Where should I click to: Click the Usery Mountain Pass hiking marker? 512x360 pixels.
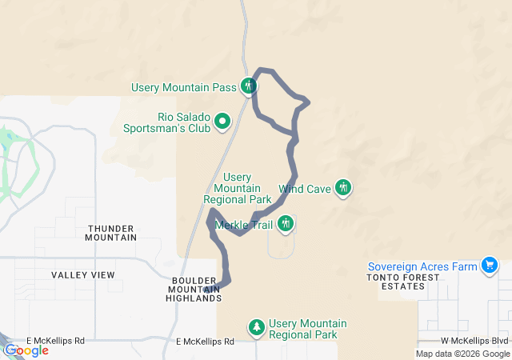tap(250, 86)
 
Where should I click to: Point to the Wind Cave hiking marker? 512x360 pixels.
tap(343, 188)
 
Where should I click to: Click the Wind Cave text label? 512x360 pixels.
tap(305, 190)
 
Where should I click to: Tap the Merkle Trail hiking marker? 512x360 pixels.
tap(286, 225)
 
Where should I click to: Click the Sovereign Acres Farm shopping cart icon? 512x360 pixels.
tap(490, 266)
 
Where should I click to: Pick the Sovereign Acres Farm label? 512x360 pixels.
tap(422, 266)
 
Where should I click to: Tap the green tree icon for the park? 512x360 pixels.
tap(257, 327)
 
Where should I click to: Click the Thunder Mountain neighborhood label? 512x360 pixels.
tap(111, 233)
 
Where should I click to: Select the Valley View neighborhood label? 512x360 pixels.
tap(83, 275)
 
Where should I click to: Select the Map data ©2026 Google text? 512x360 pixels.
tap(462, 354)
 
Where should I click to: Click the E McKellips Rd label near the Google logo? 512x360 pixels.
tap(55, 341)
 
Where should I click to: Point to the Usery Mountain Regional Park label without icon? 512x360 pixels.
tap(238, 188)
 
